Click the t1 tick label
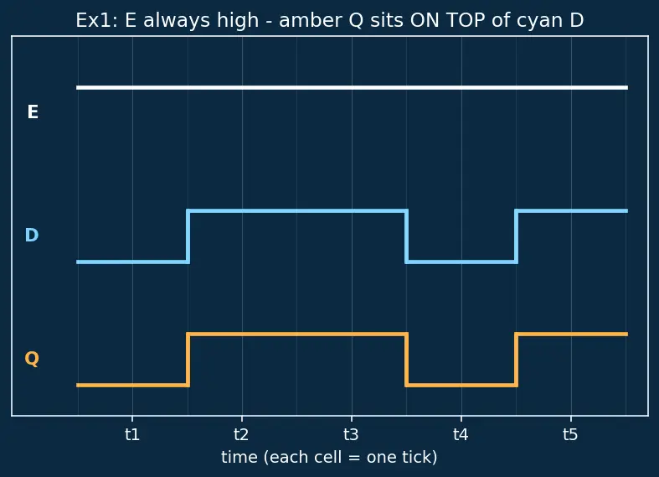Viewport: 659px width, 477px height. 132,434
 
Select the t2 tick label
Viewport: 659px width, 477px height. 242,434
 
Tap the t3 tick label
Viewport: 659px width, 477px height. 352,434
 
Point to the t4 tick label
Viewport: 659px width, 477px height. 461,434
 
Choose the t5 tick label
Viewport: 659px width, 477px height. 571,434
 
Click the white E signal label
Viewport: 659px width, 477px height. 33,111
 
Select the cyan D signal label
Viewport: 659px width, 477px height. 32,235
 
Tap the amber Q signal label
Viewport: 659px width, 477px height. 32,359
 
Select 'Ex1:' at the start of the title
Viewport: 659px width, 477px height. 97,20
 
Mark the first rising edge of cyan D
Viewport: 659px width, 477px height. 188,236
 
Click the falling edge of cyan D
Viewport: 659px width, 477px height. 406,236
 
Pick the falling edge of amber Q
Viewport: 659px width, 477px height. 406,360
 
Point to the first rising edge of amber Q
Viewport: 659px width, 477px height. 188,360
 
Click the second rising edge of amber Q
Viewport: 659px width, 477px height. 516,360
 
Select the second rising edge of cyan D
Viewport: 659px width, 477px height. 516,236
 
